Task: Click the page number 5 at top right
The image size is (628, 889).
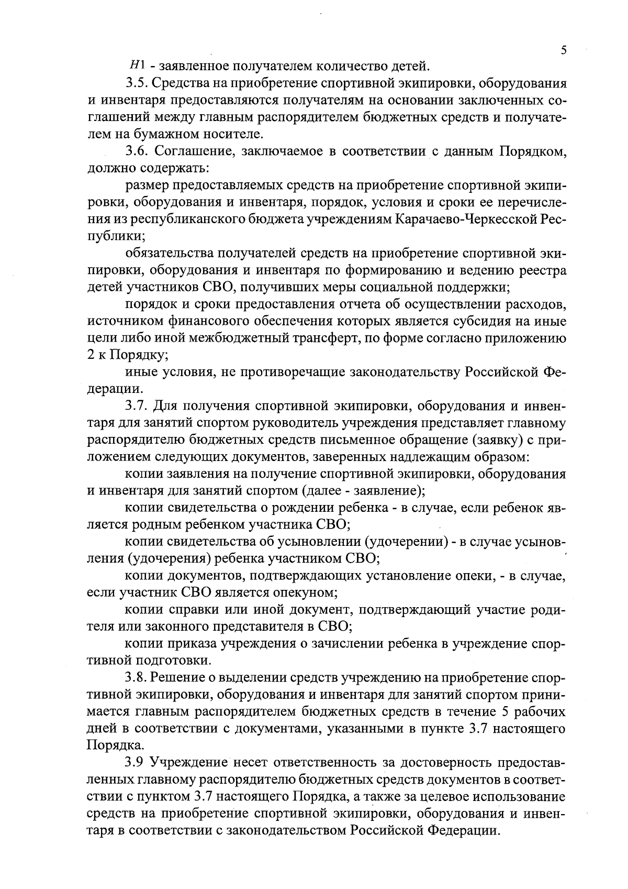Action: point(564,50)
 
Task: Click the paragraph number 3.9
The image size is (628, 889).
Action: point(135,762)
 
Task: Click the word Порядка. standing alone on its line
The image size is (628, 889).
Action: point(108,745)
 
